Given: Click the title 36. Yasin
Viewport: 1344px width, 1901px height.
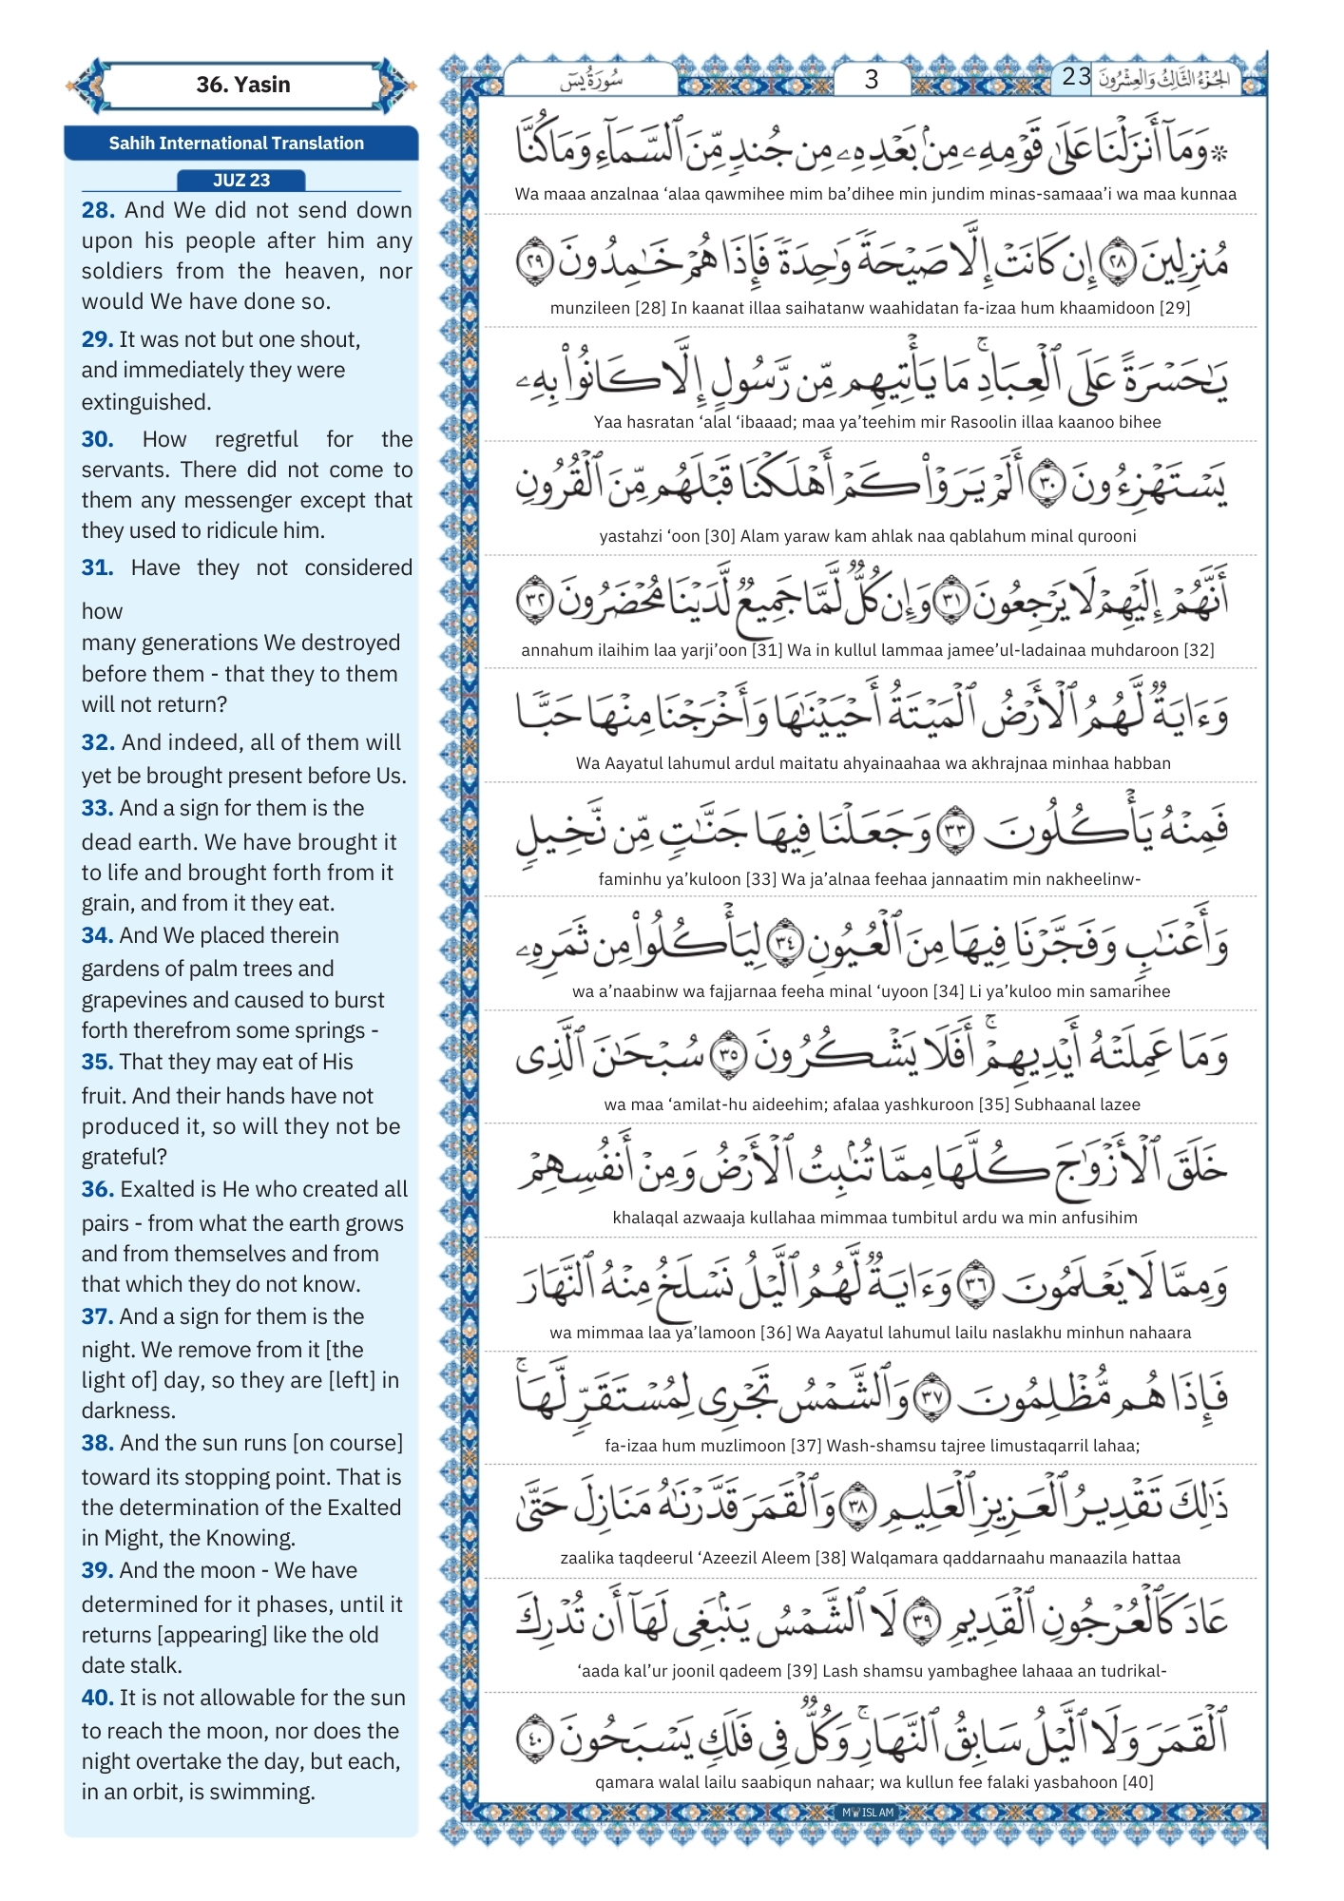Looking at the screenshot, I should [x=242, y=85].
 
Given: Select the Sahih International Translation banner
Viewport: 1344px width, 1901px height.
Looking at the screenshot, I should [x=237, y=144].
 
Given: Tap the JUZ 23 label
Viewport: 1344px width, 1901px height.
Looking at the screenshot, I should [x=241, y=181].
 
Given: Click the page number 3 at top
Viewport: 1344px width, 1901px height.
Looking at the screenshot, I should [x=871, y=80].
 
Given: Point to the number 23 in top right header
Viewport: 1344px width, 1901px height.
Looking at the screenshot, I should [x=1076, y=77].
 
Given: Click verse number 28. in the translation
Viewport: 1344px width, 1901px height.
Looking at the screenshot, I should [x=98, y=210].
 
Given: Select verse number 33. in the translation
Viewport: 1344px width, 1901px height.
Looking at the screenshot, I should [x=98, y=809].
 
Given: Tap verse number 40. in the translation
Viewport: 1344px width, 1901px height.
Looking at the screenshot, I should [x=98, y=1698].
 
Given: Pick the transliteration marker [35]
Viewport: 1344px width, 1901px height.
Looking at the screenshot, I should [x=994, y=1104].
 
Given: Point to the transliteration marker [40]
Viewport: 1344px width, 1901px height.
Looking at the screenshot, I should [x=1138, y=1782].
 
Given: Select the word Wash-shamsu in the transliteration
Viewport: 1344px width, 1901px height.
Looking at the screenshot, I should [x=874, y=1446].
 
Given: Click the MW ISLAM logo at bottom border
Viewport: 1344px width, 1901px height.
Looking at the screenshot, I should [x=868, y=1813].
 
